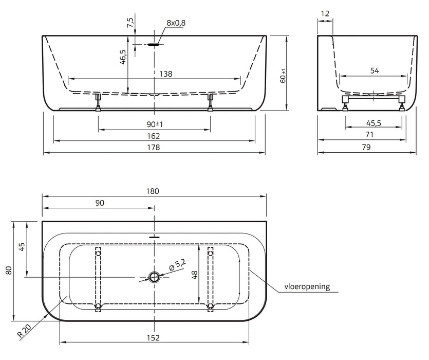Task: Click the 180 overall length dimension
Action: tap(153, 191)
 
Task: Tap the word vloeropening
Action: tap(307, 286)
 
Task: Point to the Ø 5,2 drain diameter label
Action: tap(178, 265)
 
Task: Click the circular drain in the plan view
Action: tap(154, 277)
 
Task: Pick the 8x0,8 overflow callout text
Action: tap(176, 23)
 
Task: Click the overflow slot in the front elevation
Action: tap(153, 44)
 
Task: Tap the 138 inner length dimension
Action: tap(166, 74)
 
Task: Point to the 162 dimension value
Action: tap(153, 136)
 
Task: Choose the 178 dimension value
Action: tap(153, 148)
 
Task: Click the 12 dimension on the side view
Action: tap(325, 13)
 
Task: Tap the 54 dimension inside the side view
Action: tap(375, 70)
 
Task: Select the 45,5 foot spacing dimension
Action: tap(374, 123)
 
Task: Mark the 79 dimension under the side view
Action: tap(366, 148)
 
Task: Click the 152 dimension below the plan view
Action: tap(153, 338)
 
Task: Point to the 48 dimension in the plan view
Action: tap(195, 275)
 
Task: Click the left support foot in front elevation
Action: tap(98, 102)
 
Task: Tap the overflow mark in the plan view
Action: tap(154, 237)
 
